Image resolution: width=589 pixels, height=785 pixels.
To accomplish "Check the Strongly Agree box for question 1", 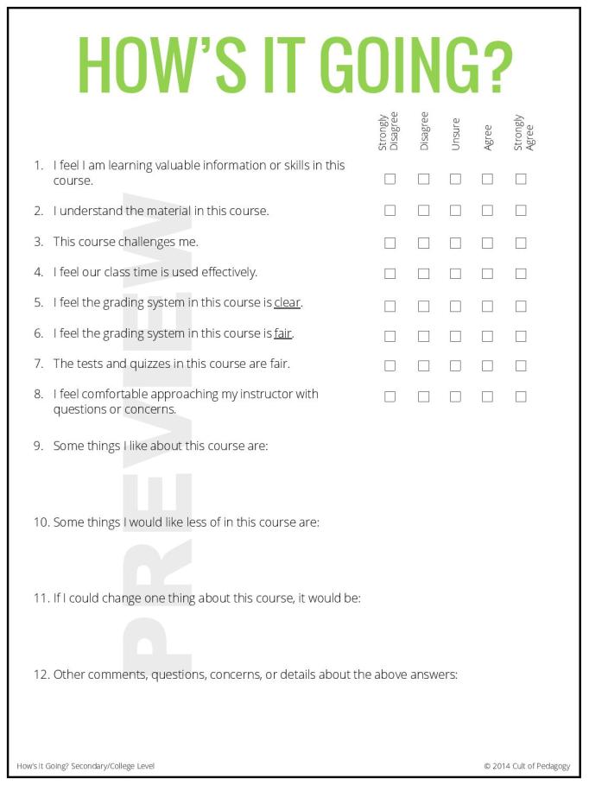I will pos(521,180).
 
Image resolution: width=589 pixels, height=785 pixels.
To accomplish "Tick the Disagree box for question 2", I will pos(423,211).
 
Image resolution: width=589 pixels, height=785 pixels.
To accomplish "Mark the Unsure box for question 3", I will pos(455,243).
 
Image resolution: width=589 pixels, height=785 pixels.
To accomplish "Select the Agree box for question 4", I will pos(487,274).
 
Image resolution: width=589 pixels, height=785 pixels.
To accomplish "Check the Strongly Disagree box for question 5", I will pos(389,306).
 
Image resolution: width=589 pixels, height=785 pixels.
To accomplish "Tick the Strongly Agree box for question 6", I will pos(521,336).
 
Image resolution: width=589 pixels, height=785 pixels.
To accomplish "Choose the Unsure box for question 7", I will pos(455,366).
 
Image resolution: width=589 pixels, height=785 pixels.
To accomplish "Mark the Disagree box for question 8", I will pos(423,397).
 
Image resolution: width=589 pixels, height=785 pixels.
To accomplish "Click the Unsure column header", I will pos(455,134).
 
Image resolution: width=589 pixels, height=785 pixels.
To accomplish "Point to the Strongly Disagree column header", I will pos(388,131).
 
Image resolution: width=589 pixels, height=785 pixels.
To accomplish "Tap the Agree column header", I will pos(487,136).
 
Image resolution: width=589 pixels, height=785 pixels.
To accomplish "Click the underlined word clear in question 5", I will pos(288,303).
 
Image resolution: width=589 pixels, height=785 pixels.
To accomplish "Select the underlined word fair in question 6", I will pos(283,333).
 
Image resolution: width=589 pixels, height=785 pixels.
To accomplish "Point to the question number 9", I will pos(39,446).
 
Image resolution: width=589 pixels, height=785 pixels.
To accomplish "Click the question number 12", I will pos(41,674).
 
